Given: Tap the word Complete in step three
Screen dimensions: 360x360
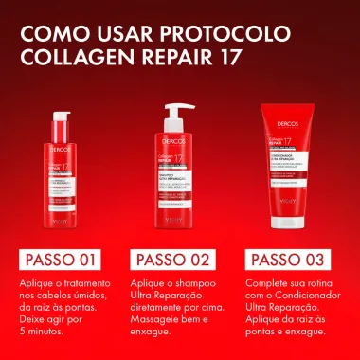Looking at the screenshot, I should pos(270,257).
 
